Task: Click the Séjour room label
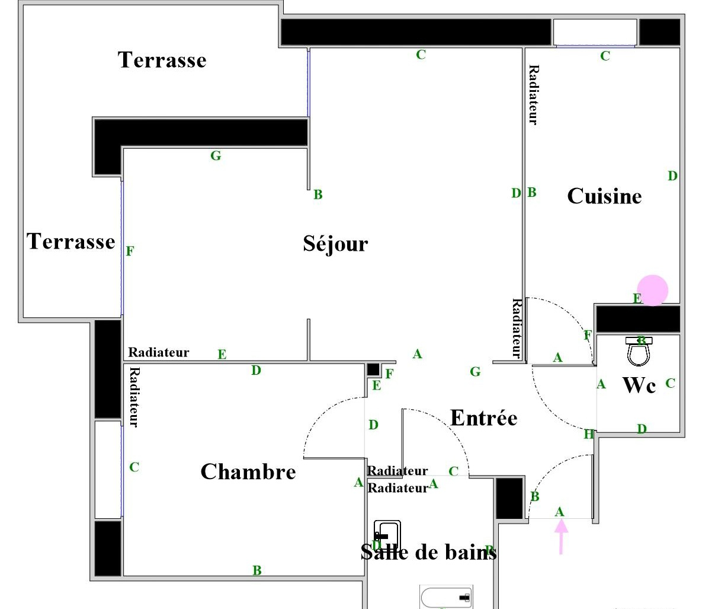[335, 244]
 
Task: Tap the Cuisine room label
[604, 196]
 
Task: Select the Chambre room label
[248, 472]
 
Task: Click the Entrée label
[484, 418]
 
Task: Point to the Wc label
[639, 385]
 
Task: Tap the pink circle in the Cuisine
[652, 291]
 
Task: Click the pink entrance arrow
[560, 535]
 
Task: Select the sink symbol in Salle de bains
[387, 535]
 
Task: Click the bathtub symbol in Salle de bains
[447, 597]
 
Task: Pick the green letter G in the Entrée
[475, 372]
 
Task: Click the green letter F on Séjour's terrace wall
[130, 251]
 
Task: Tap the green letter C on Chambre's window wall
[134, 467]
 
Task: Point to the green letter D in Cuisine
[672, 176]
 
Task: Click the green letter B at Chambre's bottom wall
[257, 570]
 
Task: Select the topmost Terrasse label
[162, 60]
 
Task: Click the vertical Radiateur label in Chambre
[134, 397]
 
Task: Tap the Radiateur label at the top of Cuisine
[533, 95]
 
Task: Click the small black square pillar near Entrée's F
[373, 369]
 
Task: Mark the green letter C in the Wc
[670, 383]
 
